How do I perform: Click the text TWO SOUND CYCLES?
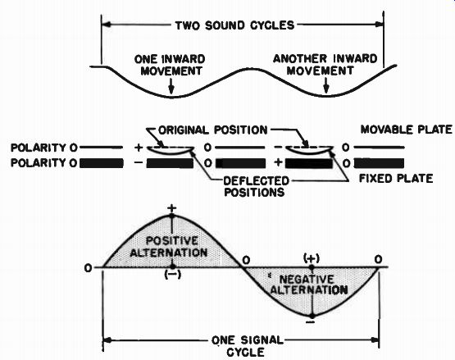click(234, 25)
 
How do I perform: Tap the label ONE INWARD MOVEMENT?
click(170, 65)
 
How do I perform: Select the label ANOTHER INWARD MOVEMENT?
click(325, 65)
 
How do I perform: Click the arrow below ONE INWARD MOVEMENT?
click(171, 86)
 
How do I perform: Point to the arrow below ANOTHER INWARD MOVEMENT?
click(326, 85)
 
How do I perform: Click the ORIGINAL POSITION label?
click(213, 130)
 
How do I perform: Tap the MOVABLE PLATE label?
click(407, 130)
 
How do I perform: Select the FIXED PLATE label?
click(396, 178)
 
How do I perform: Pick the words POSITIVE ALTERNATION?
click(169, 247)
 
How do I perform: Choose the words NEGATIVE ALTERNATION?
click(309, 285)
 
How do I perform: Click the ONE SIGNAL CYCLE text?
click(247, 346)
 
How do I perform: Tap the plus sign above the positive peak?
click(172, 208)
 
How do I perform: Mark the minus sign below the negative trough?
click(311, 322)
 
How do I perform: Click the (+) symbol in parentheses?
click(312, 258)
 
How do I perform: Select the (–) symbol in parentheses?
click(173, 275)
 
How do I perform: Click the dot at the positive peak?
click(172, 216)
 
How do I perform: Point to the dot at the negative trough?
click(312, 316)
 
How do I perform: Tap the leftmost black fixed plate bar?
click(102, 163)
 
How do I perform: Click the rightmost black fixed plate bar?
click(380, 163)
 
